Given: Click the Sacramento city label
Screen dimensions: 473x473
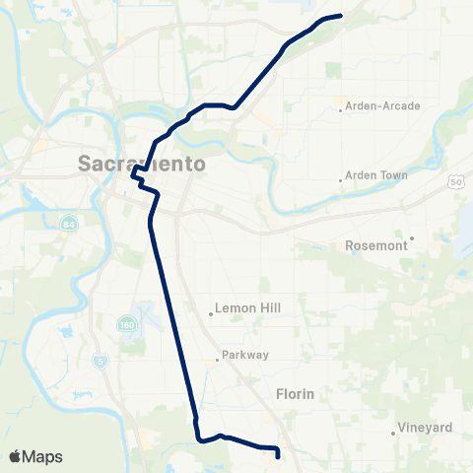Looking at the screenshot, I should tap(142, 164).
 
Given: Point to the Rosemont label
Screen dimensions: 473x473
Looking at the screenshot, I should tap(377, 245).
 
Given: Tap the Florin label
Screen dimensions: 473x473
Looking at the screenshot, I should tap(295, 394).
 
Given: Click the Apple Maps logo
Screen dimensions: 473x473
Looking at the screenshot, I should tap(35, 457).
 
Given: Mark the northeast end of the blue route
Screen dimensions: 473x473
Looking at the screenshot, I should tap(340, 16).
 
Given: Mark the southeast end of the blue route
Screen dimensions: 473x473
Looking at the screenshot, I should tap(278, 455).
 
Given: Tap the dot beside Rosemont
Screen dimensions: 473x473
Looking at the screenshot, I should tap(412, 237).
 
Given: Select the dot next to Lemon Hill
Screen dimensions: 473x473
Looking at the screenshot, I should tap(211, 315).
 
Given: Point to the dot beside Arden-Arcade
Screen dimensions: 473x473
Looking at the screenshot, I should tap(341, 109).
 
